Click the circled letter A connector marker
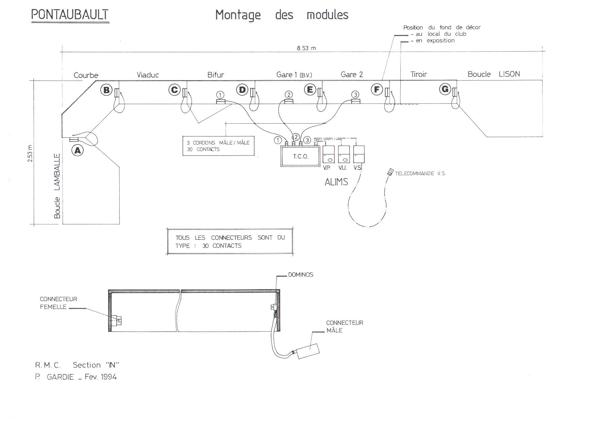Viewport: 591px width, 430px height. [x=78, y=150]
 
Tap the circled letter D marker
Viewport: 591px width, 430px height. [x=242, y=90]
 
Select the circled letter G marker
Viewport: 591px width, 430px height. [x=445, y=89]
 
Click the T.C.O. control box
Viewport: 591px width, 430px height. [x=300, y=156]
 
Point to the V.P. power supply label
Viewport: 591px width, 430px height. [x=326, y=168]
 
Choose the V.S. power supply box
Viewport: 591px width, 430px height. [x=359, y=154]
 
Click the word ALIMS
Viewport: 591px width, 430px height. [x=336, y=182]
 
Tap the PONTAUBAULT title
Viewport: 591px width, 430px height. [x=70, y=15]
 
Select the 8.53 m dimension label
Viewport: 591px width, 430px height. [x=306, y=48]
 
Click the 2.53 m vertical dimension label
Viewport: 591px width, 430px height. [x=30, y=153]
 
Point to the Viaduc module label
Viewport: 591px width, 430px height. [x=147, y=75]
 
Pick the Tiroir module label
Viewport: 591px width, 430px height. [x=419, y=74]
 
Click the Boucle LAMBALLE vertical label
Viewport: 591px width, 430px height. [x=57, y=186]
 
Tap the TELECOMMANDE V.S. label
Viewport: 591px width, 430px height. [x=420, y=174]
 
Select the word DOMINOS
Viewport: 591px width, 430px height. [x=300, y=275]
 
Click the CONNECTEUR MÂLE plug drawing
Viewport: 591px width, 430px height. [x=308, y=351]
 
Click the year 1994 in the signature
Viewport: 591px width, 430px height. [x=108, y=377]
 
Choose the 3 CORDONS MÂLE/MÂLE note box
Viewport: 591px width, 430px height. [x=218, y=146]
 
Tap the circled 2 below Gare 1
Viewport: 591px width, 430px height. [x=288, y=94]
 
